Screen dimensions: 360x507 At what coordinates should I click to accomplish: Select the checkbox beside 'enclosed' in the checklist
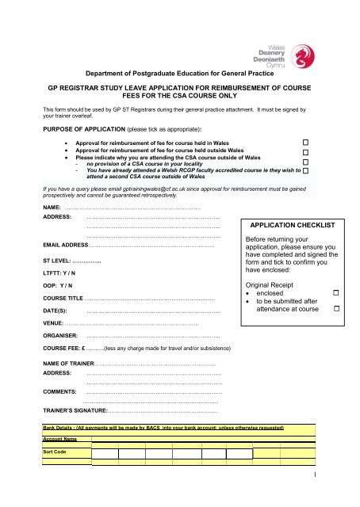[x=336, y=294]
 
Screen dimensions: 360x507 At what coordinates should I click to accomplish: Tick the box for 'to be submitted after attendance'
[x=336, y=307]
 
